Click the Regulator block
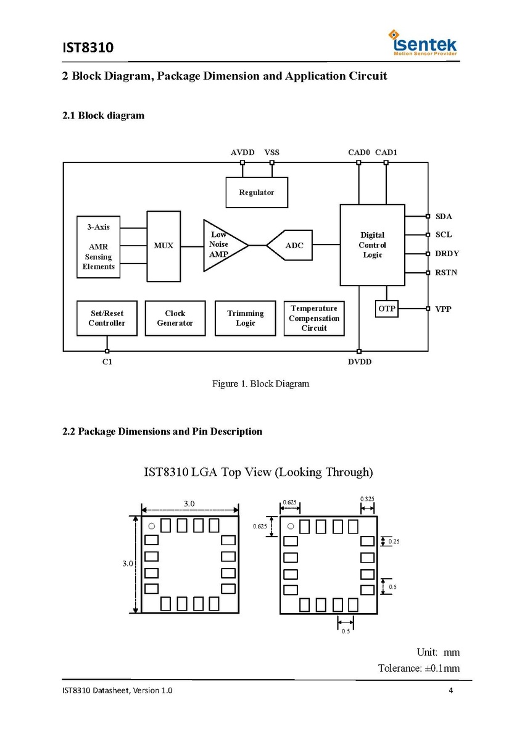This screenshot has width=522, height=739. tap(257, 192)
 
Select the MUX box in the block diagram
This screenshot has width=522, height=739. tap(164, 246)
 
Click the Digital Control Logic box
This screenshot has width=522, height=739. tap(372, 245)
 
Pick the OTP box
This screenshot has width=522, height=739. tap(387, 309)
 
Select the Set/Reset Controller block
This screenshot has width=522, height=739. tap(107, 318)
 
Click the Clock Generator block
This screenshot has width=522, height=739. tap(175, 318)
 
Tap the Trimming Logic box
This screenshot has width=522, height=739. tap(245, 318)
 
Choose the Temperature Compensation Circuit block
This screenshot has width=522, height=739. tap(314, 318)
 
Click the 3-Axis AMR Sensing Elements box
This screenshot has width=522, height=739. tap(99, 247)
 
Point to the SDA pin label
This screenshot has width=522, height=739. tap(444, 217)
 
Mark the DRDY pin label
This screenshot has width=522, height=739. tap(447, 254)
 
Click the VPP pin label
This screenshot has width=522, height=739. tap(444, 309)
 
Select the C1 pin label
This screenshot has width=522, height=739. tap(107, 362)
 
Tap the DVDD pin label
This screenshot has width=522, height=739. tap(360, 362)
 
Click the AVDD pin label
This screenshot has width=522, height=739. tap(242, 152)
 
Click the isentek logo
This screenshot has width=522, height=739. tap(423, 44)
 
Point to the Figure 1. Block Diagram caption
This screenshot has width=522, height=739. tap(260, 384)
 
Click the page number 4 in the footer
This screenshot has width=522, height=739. tap(451, 690)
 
